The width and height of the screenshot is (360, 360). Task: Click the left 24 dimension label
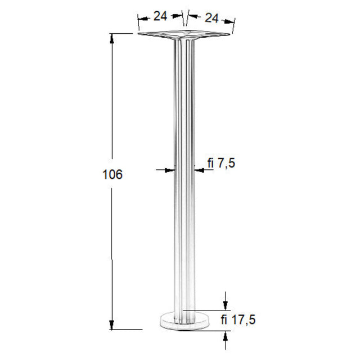[160, 16]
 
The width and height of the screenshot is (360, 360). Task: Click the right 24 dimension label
[211, 18]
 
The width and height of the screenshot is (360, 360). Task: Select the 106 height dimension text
[112, 174]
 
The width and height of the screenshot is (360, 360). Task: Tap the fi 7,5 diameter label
[221, 163]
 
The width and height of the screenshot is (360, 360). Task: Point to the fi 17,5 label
[238, 319]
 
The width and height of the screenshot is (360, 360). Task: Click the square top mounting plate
[184, 34]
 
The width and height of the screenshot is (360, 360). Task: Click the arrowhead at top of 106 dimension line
[112, 39]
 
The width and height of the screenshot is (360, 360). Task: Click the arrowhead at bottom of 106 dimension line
[112, 325]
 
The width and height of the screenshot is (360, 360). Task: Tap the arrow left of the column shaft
[170, 170]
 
